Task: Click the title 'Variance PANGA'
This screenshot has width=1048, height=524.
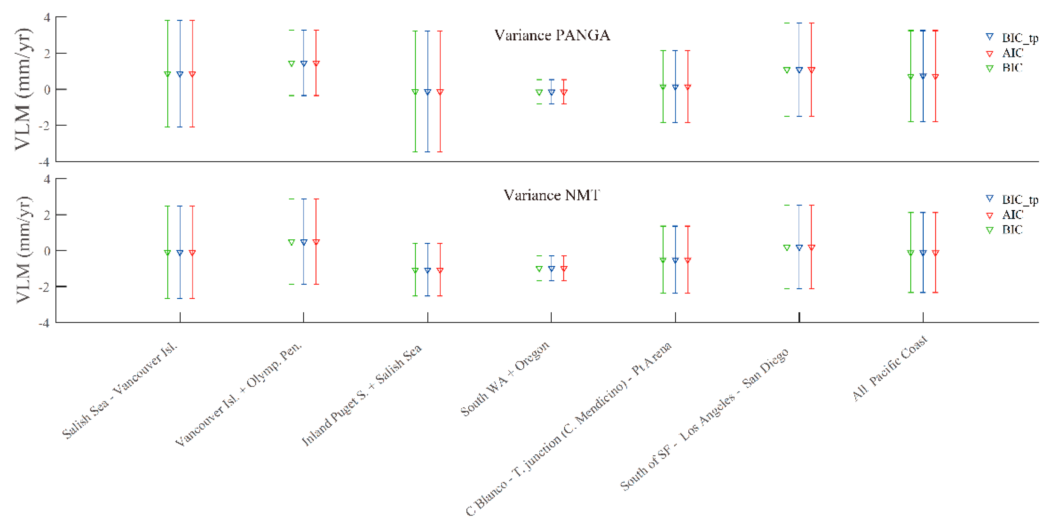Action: click(x=552, y=35)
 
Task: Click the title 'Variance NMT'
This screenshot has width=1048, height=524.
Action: click(x=551, y=195)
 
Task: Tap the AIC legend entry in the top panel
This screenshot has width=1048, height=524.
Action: click(x=1012, y=53)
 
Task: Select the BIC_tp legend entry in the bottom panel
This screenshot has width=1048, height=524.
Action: click(x=1019, y=200)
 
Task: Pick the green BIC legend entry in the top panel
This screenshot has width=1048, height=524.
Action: click(x=1012, y=68)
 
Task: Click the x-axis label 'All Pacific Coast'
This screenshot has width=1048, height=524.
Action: click(x=890, y=368)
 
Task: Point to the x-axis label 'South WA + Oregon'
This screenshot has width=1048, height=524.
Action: click(x=505, y=379)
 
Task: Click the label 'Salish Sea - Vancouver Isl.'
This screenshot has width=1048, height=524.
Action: click(x=120, y=391)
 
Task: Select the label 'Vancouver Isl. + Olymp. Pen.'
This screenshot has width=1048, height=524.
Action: click(x=238, y=395)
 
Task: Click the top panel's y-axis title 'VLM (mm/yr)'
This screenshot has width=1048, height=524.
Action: click(x=23, y=89)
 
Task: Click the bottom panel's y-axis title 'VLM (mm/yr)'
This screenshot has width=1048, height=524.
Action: click(x=23, y=250)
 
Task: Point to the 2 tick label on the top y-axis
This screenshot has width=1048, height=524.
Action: click(x=47, y=53)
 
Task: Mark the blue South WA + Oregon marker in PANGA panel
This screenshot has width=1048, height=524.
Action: click(x=551, y=92)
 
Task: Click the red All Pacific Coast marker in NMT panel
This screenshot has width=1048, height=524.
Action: click(x=935, y=253)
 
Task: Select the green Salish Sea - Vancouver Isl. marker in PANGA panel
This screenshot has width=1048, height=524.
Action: click(x=167, y=74)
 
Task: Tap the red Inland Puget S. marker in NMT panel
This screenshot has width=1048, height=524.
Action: click(x=440, y=270)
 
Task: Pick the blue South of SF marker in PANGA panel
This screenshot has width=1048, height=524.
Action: click(x=799, y=70)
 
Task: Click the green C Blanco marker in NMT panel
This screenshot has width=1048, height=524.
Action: click(x=663, y=260)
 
